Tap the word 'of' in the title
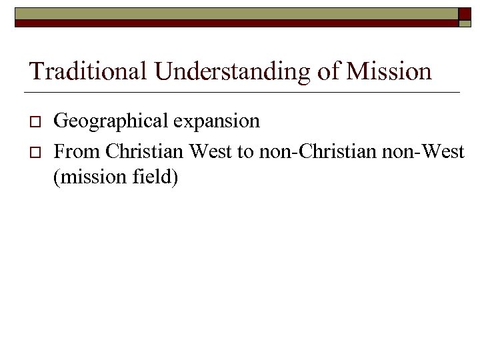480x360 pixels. pos(329,71)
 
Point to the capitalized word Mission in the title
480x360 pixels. pos(389,71)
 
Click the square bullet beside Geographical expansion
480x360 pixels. pos(37,123)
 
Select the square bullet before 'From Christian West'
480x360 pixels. pos(37,153)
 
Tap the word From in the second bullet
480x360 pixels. pos(77,151)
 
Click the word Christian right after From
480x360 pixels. pos(145,151)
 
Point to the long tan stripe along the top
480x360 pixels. pos(233,13)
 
